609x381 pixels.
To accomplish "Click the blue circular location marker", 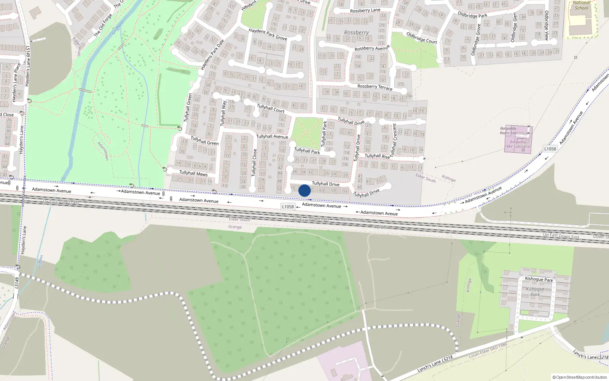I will [x=304, y=190].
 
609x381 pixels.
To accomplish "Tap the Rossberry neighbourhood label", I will [x=356, y=33].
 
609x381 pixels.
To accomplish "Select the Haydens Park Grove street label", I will [x=268, y=34].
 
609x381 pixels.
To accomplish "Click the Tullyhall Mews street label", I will [x=193, y=173].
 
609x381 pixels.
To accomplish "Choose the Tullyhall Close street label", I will [x=254, y=162].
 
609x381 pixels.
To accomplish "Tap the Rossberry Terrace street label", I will [x=375, y=87].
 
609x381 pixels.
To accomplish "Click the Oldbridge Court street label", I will [x=422, y=38].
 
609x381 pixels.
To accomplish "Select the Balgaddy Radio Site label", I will [x=508, y=131].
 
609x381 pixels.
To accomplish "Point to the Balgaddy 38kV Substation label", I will [x=518, y=144].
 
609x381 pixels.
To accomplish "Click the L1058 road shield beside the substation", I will [x=550, y=149].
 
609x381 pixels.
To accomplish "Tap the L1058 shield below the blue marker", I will [x=288, y=207].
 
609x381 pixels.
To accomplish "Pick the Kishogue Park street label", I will [x=539, y=279].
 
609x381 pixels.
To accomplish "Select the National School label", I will [x=582, y=5].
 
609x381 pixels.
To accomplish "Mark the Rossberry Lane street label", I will [x=365, y=10].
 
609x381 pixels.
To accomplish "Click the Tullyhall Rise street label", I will [x=377, y=156].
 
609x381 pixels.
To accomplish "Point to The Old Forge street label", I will [x=103, y=26].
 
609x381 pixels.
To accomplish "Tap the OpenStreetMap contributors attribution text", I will [x=580, y=377].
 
